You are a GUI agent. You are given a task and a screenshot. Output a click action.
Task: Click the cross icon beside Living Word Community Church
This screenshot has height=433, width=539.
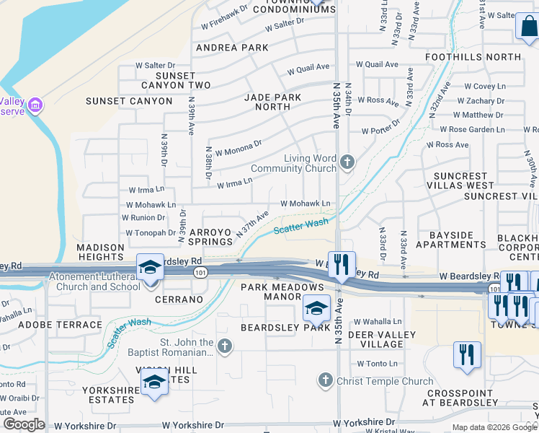pos(347,162)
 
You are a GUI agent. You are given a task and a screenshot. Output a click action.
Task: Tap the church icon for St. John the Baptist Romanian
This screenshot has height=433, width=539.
pos(225,347)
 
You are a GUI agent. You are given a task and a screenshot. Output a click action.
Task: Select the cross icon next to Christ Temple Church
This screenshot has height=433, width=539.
pos(326,380)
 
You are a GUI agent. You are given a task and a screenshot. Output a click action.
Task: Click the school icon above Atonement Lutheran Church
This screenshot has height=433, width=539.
pos(149,268)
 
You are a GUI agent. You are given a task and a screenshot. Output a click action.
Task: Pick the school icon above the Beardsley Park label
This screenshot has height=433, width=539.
pos(316,309)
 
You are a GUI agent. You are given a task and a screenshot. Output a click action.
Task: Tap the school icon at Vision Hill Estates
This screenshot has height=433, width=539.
pos(153,382)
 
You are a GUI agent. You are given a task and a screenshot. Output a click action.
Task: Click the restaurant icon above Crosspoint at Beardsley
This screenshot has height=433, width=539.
pos(467,355)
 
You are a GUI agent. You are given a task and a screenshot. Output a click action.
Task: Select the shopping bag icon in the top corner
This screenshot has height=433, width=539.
pos(527,27)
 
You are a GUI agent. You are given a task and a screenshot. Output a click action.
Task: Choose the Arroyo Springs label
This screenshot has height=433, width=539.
pos(210,237)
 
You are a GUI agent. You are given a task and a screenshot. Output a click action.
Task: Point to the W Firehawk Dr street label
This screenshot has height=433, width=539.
pos(223,10)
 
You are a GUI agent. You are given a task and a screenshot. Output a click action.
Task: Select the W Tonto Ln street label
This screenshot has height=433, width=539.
pos(373,364)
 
